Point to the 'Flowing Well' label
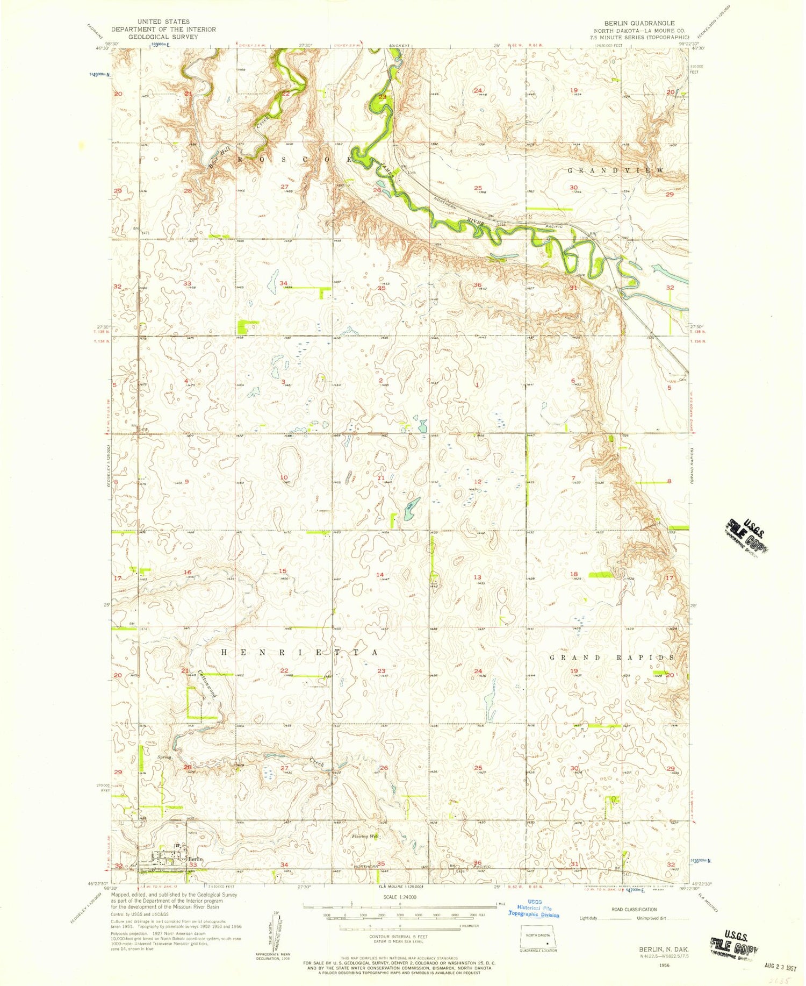coord(365,837)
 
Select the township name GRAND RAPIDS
coord(611,658)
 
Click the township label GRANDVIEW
coord(616,170)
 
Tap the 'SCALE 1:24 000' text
coord(400,897)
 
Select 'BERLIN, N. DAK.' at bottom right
coord(663,950)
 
